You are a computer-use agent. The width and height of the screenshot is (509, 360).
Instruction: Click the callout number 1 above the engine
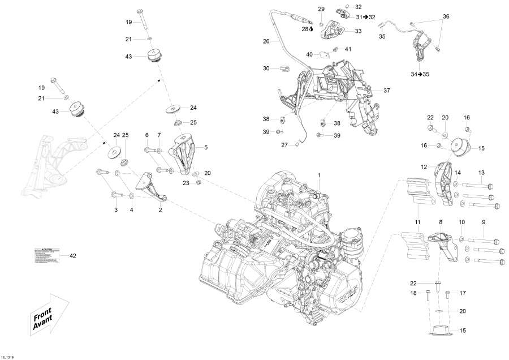click(319, 175)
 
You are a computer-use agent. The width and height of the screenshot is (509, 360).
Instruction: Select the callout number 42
click(72, 256)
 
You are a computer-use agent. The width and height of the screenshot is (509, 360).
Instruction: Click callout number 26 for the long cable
click(266, 41)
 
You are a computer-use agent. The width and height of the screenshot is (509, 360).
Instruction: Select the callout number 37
click(387, 91)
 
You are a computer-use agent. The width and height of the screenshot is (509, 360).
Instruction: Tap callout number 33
click(358, 32)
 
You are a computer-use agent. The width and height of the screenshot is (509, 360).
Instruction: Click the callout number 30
click(266, 68)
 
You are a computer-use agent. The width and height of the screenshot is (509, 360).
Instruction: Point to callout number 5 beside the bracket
click(206, 147)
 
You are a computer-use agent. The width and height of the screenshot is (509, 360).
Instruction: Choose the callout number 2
click(160, 209)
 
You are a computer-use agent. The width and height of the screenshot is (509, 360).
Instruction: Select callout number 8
click(441, 222)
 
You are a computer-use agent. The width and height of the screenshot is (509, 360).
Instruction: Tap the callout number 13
click(482, 172)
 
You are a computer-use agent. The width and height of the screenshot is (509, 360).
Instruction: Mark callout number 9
click(484, 222)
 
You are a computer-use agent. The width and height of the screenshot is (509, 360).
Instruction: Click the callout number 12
click(423, 166)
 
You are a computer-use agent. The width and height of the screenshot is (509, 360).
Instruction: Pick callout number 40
click(309, 54)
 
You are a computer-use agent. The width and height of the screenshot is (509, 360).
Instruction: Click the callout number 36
click(446, 17)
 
